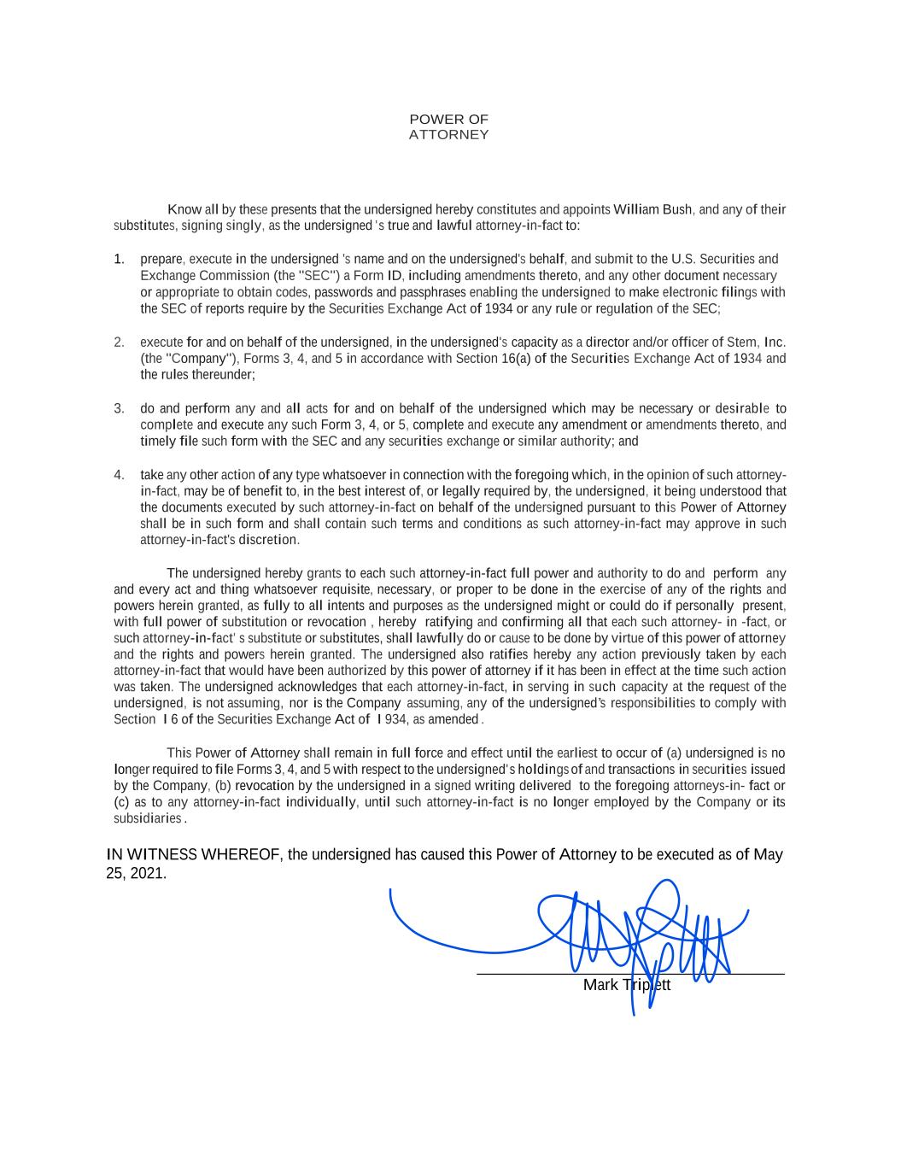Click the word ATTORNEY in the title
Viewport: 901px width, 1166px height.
[448, 135]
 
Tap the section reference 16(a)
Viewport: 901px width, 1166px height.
[518, 359]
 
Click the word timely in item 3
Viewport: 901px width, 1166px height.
[158, 442]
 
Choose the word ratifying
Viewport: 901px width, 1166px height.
[448, 622]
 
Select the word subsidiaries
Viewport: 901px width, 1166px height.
[148, 818]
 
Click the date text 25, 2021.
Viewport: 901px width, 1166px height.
[136, 875]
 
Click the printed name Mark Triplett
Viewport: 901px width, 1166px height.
[626, 986]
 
